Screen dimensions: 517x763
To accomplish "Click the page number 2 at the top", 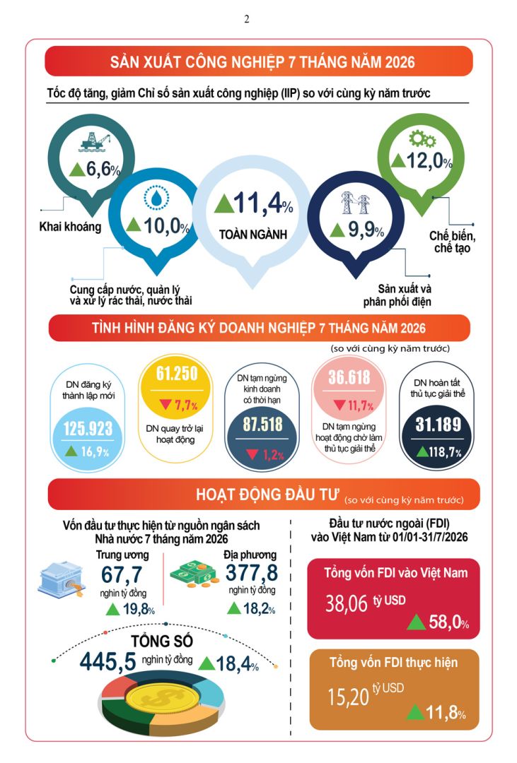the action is [x=247, y=19].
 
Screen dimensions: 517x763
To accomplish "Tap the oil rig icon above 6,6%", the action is [x=95, y=141].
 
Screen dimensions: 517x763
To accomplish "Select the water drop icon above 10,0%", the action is [x=156, y=198].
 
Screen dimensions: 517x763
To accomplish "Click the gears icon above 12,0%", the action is [x=422, y=139].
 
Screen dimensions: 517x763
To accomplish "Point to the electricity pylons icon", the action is [x=355, y=203].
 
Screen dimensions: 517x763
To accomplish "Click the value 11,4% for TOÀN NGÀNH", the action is [x=254, y=203].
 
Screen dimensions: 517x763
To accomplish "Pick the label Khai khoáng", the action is [x=70, y=227].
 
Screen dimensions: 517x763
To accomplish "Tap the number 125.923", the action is [x=88, y=428].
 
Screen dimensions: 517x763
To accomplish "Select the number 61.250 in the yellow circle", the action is [x=177, y=374].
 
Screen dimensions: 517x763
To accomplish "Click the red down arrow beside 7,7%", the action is [x=165, y=404].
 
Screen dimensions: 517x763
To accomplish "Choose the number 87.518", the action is [x=262, y=424].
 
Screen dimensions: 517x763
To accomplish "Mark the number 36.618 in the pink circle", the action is [x=349, y=377].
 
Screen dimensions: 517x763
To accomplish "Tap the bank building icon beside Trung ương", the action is [x=62, y=579].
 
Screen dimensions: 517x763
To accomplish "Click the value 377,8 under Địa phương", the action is [x=252, y=573].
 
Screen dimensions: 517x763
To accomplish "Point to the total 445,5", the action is [x=108, y=661].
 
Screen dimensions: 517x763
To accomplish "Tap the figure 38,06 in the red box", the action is [x=347, y=604].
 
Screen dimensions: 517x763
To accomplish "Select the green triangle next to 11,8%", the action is [x=415, y=712].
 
